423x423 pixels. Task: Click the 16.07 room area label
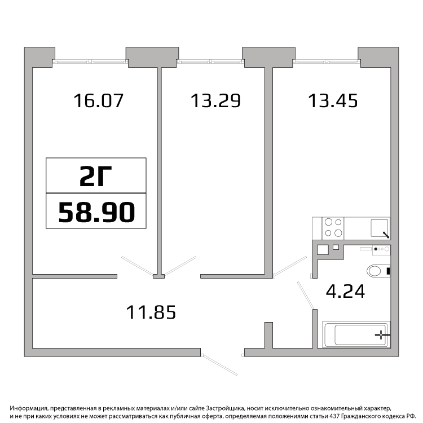99,100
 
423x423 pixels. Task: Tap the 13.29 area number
215,100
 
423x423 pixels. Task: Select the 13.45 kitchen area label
333,100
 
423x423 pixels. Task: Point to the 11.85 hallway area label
151,312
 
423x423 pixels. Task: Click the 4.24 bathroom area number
345,291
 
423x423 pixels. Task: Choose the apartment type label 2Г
96,176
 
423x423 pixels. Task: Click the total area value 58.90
96,212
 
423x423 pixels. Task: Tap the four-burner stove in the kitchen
333,228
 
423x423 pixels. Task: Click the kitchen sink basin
379,228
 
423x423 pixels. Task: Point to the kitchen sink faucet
386,235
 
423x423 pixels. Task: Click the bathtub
356,334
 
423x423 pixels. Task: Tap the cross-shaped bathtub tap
381,335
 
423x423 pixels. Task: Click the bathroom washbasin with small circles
381,249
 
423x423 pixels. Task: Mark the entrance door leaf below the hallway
220,365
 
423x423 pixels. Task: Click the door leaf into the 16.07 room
137,266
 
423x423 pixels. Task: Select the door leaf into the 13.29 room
180,266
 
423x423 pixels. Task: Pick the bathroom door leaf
306,295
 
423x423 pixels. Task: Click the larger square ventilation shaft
323,249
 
